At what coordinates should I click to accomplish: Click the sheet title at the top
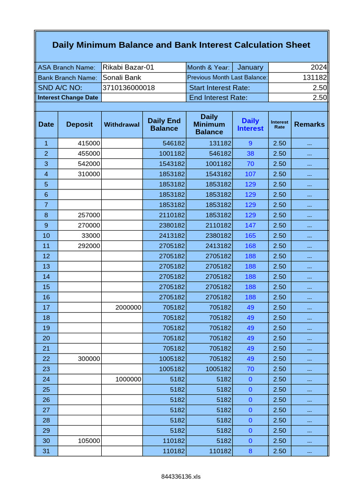[x=181, y=45]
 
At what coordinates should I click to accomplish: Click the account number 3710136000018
[x=129, y=88]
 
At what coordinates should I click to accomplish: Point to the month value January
[x=250, y=67]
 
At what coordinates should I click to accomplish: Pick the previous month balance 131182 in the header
[x=315, y=77]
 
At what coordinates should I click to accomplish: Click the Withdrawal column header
[x=122, y=125]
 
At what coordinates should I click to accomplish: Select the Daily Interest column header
[x=250, y=124]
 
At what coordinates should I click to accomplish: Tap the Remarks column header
[x=309, y=124]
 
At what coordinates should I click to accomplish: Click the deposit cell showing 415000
[x=89, y=143]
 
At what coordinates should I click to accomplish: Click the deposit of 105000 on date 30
[x=89, y=441]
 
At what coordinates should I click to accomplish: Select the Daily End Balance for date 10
[x=172, y=236]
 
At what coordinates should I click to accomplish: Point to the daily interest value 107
[x=250, y=174]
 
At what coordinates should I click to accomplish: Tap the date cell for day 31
[x=46, y=451]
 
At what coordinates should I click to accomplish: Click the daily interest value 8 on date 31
[x=250, y=451]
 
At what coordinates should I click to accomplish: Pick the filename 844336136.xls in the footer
[x=180, y=476]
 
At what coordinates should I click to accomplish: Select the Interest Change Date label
[x=68, y=97]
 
